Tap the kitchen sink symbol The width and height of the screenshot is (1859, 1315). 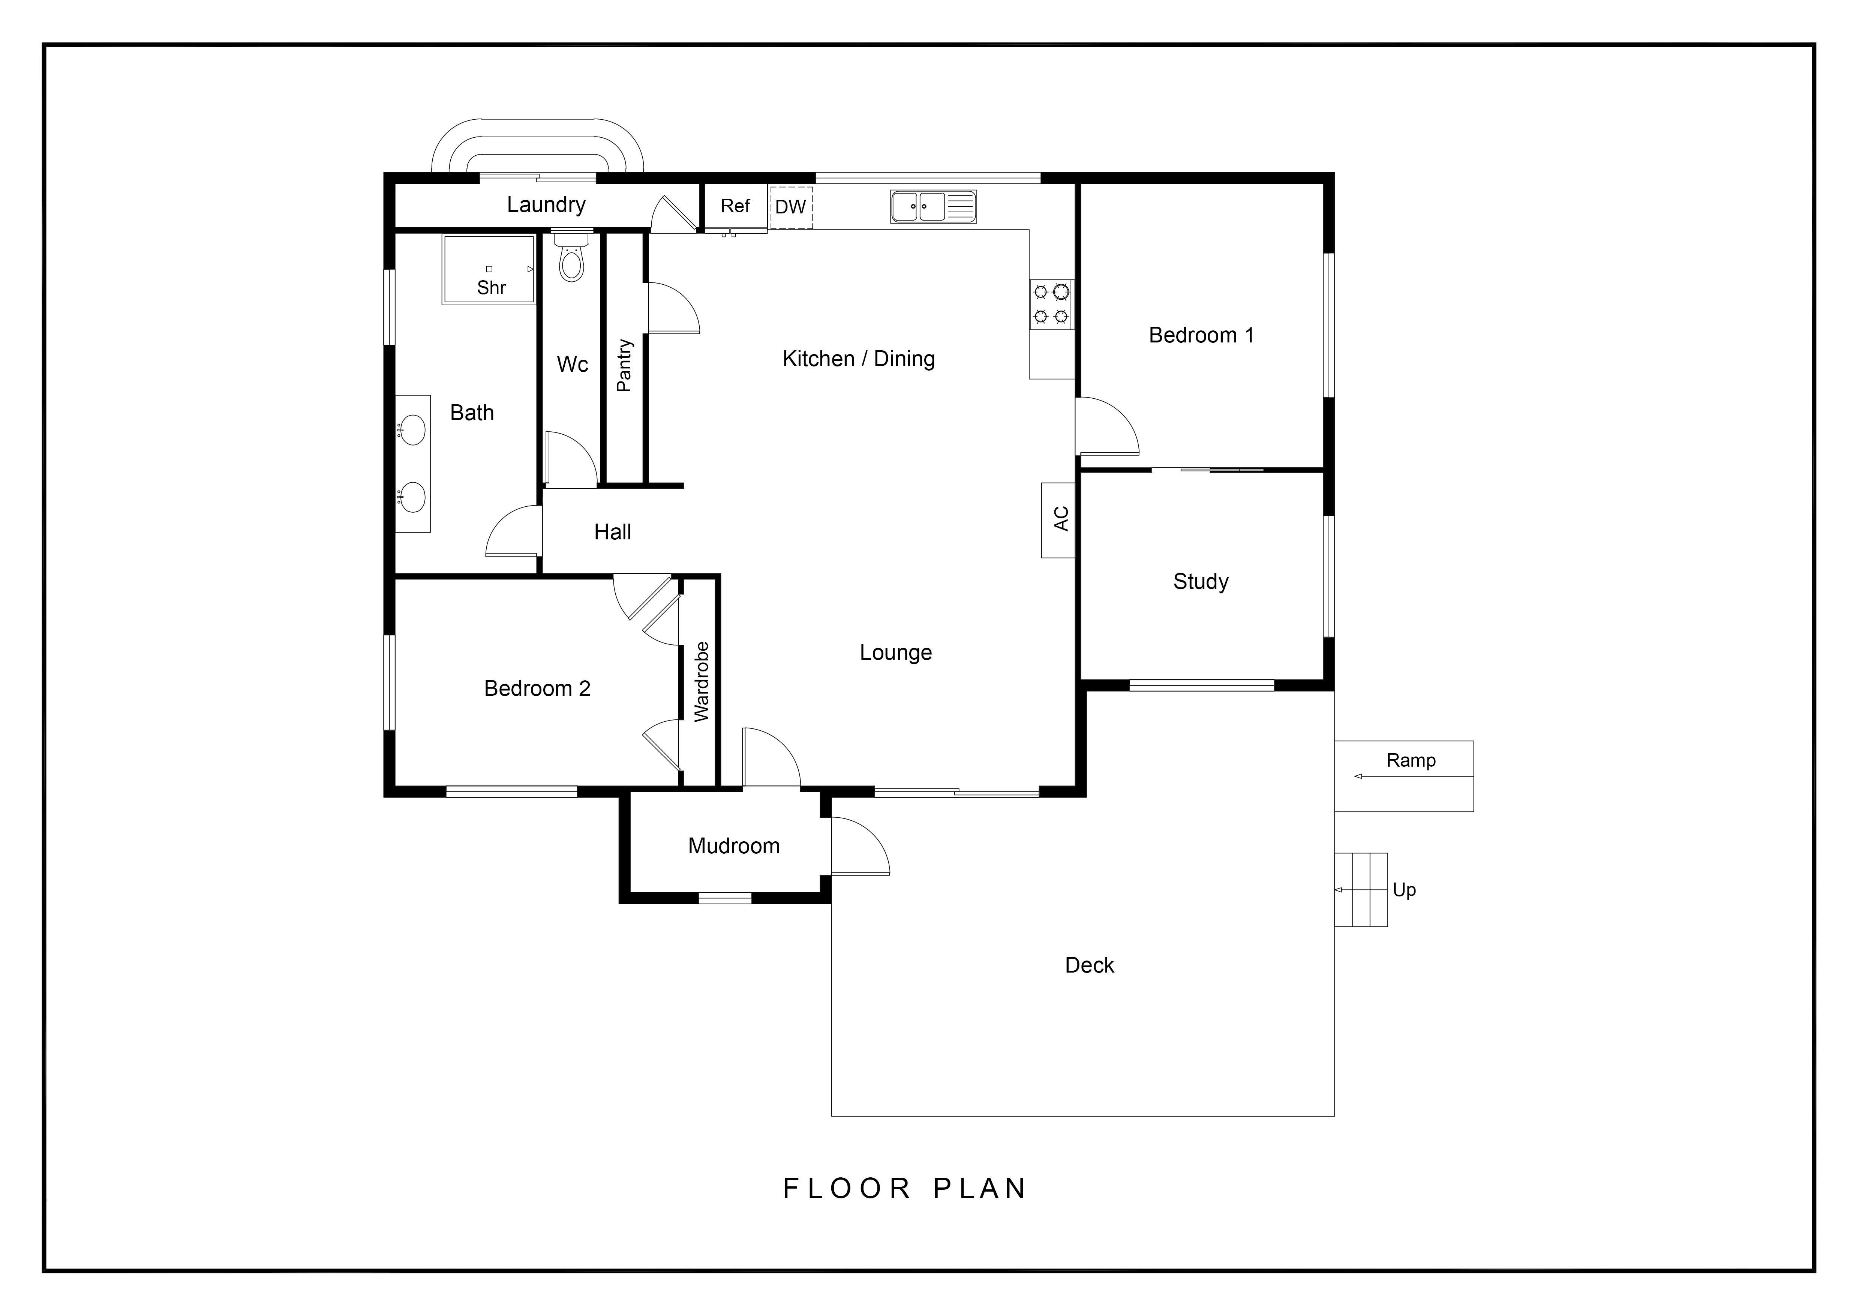934,207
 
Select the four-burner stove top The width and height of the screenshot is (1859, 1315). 1051,304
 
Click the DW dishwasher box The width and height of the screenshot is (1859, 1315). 791,207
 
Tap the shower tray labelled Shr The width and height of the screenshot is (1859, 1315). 488,270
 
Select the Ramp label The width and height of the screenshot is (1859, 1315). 1411,760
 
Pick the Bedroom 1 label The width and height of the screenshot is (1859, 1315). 1202,335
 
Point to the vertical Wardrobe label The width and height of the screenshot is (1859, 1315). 701,682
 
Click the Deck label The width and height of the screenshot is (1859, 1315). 1090,965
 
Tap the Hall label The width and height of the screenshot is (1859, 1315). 613,532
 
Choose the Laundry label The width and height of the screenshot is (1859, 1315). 547,205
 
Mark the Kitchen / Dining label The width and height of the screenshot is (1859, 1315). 859,359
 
